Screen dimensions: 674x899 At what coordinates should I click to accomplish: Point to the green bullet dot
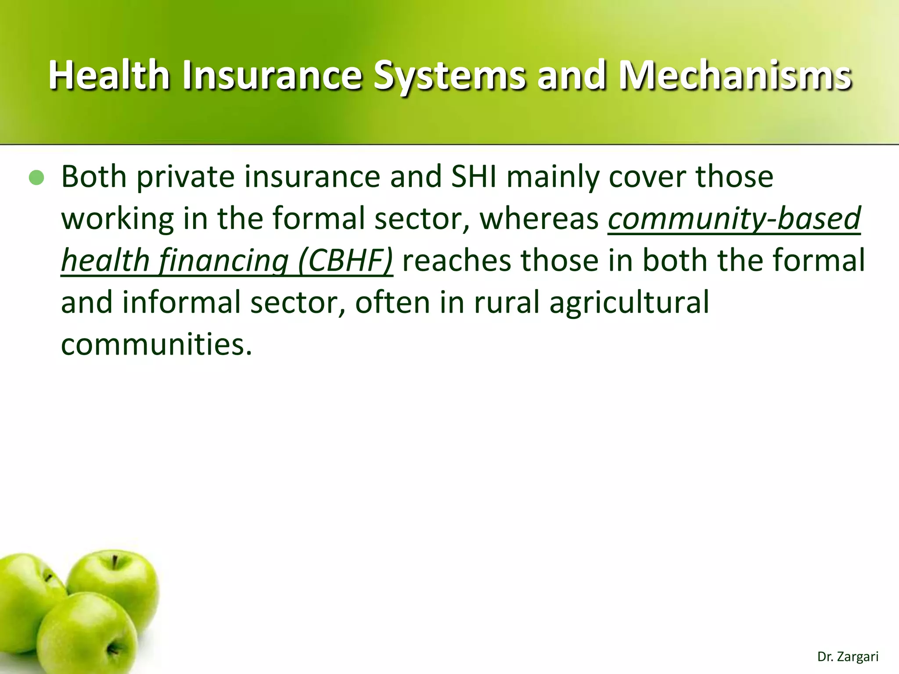click(36, 178)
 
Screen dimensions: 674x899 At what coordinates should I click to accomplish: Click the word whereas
click(539, 219)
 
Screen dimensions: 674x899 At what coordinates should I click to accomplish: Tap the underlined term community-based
click(734, 219)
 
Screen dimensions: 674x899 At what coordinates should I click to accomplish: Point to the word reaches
click(457, 261)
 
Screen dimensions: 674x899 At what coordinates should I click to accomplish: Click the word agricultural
click(629, 303)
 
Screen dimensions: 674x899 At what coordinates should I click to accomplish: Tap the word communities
click(157, 345)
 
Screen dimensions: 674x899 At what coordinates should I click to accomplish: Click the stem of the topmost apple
click(115, 562)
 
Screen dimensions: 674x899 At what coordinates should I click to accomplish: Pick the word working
click(117, 219)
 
